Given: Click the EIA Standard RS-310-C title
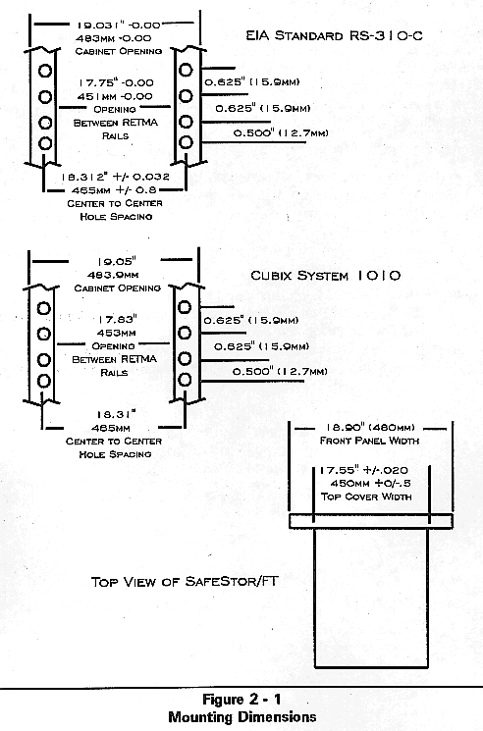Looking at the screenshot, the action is pyautogui.click(x=335, y=35).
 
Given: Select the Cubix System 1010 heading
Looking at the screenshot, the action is pyautogui.click(x=325, y=275).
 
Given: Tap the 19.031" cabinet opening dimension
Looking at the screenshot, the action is pyautogui.click(x=119, y=26).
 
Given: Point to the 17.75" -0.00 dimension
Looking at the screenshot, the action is pyautogui.click(x=116, y=83).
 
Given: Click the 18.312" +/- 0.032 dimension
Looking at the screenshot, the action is pyautogui.click(x=115, y=177).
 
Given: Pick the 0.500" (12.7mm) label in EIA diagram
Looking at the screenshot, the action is pyautogui.click(x=281, y=132).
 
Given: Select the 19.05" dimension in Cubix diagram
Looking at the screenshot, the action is pyautogui.click(x=117, y=262).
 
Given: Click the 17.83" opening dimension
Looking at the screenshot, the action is pyautogui.click(x=117, y=319).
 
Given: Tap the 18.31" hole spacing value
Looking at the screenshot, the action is pyautogui.click(x=116, y=414).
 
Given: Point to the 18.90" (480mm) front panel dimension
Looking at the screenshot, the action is pyautogui.click(x=369, y=427).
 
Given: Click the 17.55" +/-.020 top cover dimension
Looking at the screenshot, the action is pyautogui.click(x=363, y=470).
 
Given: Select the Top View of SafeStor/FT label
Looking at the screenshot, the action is pyautogui.click(x=185, y=581).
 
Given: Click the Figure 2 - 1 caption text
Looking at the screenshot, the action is pyautogui.click(x=241, y=700).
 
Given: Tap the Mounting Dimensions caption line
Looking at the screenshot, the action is pyautogui.click(x=241, y=716).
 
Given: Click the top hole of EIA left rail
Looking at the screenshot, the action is pyautogui.click(x=45, y=71).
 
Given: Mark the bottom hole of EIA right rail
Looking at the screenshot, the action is pyautogui.click(x=186, y=141).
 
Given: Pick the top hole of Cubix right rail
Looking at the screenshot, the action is pyautogui.click(x=185, y=307).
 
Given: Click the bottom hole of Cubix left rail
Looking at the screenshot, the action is pyautogui.click(x=44, y=381).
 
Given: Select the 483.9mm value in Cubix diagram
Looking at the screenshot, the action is pyautogui.click(x=113, y=275).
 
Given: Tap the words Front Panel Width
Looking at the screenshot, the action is pyautogui.click(x=369, y=441).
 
